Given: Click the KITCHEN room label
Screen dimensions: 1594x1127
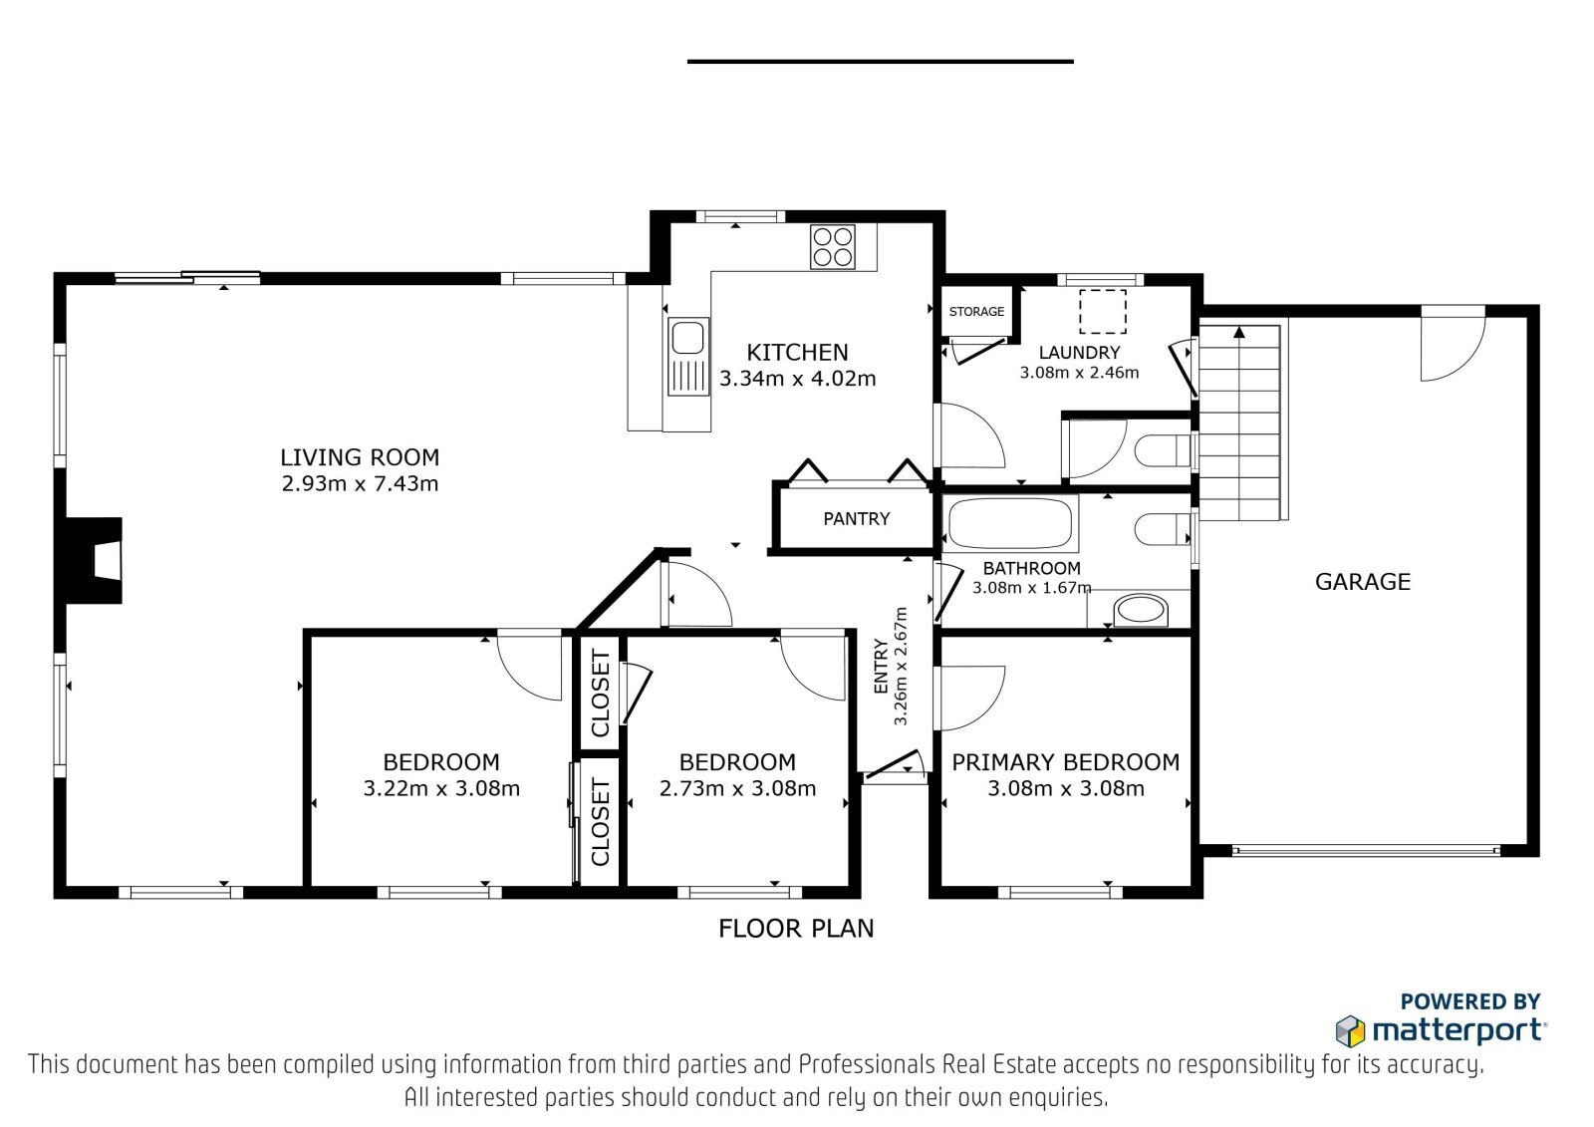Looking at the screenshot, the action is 797,353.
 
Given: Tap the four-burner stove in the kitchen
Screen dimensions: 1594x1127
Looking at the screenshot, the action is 833,247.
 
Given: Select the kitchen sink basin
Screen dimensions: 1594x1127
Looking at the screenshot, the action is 688,338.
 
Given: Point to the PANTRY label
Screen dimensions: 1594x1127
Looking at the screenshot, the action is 856,519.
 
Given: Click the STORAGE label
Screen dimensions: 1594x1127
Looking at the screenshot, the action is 976,312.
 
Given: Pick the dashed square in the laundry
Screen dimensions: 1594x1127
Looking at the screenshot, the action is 1102,311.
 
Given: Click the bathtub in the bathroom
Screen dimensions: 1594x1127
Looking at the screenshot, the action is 1010,524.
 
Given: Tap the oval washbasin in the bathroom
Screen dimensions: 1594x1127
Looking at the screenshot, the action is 1141,611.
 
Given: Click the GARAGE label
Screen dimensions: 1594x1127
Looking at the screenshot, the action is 1362,582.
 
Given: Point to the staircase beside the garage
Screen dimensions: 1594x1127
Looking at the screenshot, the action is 1241,423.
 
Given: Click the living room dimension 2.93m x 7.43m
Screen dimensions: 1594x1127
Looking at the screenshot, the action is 360,484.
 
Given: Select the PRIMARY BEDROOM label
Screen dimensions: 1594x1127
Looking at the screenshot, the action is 1065,762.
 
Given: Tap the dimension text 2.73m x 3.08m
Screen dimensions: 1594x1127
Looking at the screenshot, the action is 737,789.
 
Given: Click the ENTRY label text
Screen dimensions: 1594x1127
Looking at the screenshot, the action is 881,667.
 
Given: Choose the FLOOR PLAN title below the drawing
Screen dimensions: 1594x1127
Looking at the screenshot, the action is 796,929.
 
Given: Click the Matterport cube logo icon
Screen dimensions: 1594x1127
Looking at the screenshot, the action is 1350,1031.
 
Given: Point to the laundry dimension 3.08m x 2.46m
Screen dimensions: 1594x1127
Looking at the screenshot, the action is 1079,373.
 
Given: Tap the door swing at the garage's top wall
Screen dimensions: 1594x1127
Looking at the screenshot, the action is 1453,346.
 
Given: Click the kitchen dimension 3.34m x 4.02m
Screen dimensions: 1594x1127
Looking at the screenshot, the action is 797,379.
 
